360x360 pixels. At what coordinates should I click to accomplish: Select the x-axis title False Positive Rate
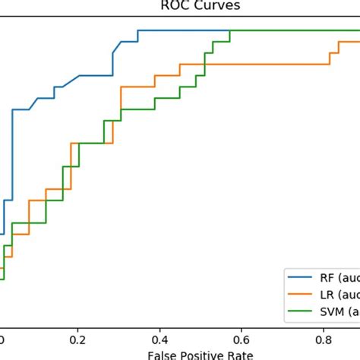click(201, 354)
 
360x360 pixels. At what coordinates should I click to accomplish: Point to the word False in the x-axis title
click(163, 354)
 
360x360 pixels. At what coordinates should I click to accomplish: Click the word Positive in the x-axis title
click(199, 354)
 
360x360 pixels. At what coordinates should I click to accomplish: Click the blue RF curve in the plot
click(182, 30)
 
